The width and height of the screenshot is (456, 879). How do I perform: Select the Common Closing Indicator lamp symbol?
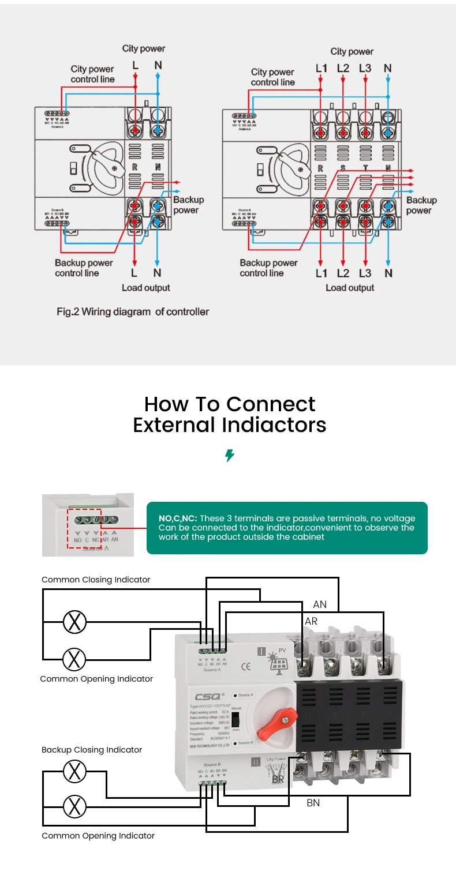[74, 622]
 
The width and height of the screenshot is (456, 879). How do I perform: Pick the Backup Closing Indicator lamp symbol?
[74, 771]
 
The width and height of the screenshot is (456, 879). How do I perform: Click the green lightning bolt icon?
[229, 456]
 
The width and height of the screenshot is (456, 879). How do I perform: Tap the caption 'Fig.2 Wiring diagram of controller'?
[133, 312]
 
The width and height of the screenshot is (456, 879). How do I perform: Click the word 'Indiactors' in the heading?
[275, 425]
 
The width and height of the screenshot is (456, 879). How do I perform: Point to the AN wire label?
[320, 604]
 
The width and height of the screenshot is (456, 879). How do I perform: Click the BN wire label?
[313, 802]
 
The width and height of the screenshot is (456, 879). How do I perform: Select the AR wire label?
[311, 621]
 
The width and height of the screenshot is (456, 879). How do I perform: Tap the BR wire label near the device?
[278, 779]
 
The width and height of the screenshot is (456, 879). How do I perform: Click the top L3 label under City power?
[365, 69]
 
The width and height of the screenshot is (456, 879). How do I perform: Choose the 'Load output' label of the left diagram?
[145, 288]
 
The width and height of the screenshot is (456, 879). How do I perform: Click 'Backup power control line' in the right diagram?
[268, 268]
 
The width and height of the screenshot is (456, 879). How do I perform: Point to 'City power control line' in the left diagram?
[92, 74]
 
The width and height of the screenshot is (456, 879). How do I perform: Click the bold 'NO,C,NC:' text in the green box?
[178, 519]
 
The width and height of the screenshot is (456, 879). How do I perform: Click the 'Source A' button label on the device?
[245, 695]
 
